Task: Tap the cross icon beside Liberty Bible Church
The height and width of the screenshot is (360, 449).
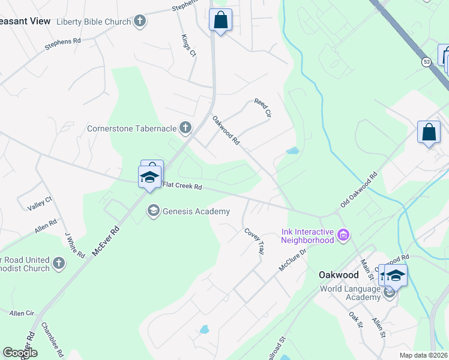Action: click(140, 22)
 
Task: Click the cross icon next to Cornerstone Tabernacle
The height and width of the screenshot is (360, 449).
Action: click(185, 127)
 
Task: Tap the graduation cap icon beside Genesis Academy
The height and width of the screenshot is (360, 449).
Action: click(153, 211)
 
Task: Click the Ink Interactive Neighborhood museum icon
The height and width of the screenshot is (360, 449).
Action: click(343, 234)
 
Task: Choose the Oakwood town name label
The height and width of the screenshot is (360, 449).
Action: click(338, 275)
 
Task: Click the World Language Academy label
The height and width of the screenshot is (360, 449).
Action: click(351, 289)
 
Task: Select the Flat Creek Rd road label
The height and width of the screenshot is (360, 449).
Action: click(181, 186)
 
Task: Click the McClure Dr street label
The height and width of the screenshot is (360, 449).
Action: click(293, 259)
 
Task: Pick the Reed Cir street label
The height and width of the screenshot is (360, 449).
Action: click(263, 108)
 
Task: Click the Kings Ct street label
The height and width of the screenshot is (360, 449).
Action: click(188, 46)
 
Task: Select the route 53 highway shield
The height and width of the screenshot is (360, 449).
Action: click(426, 61)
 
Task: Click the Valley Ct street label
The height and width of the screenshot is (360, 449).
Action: click(40, 203)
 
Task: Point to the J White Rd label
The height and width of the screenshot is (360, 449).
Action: click(75, 245)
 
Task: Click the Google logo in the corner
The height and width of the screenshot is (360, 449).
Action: click(20, 353)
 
